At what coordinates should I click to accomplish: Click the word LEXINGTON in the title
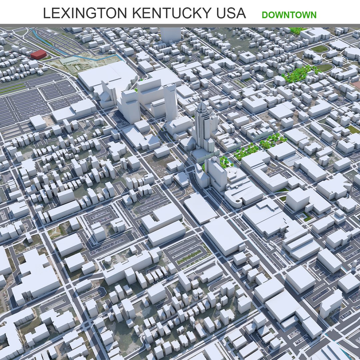(x=85, y=13)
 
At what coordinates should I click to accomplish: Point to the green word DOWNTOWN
(x=289, y=15)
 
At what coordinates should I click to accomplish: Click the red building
(x=38, y=54)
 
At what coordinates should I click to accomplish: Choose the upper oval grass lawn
(x=319, y=49)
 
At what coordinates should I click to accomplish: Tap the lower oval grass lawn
(x=324, y=68)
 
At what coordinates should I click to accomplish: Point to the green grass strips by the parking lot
(x=13, y=88)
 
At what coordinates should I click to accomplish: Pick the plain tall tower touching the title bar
(x=170, y=34)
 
